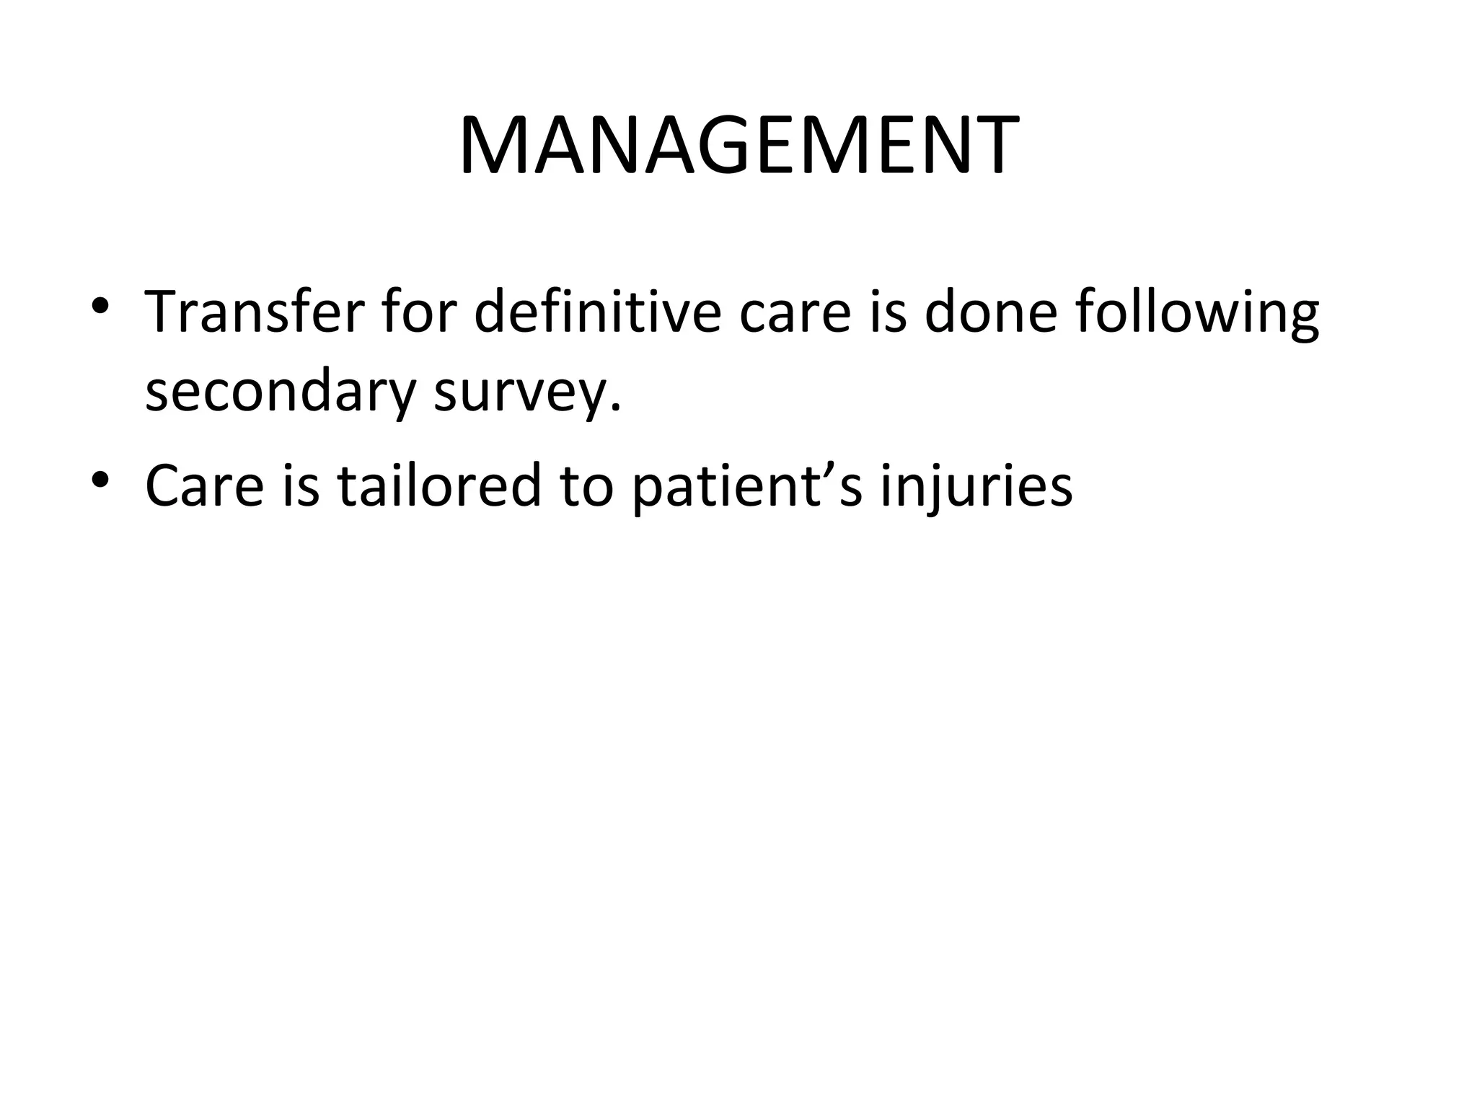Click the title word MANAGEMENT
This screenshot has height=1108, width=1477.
[738, 146]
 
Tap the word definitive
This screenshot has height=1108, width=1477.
[598, 312]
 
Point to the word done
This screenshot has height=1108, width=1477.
[990, 312]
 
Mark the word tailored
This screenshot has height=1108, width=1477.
[440, 485]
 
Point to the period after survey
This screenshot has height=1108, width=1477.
[614, 409]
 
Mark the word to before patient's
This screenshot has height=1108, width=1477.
[585, 485]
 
